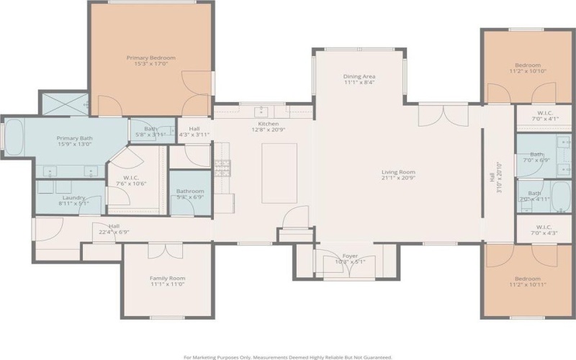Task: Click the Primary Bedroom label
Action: [x=150, y=58]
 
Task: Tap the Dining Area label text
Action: [x=359, y=76]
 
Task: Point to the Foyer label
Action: [x=350, y=255]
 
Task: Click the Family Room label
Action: [x=167, y=278]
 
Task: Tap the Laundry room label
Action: [x=73, y=197]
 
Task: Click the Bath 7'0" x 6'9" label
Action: [x=536, y=157]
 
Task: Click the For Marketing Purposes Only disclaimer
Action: [x=288, y=356]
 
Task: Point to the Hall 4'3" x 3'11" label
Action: [x=194, y=130]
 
